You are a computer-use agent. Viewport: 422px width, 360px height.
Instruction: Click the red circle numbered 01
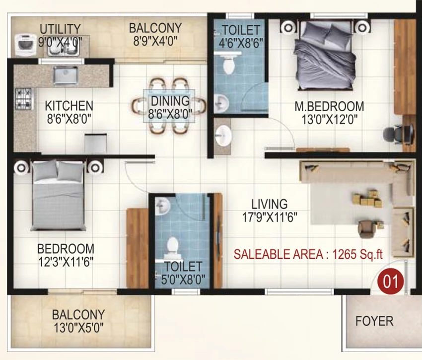coord(391,282)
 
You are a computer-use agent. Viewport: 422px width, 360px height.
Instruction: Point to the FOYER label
coord(374,321)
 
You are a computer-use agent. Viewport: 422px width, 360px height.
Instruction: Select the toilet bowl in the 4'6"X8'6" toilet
coord(229,64)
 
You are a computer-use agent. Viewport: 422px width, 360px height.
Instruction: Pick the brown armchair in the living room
coord(367,229)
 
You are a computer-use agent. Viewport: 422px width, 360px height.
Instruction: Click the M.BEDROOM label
coord(329,106)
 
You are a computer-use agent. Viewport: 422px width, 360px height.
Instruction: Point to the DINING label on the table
coord(170,101)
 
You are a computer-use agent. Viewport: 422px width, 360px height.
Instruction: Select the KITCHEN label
coord(69,106)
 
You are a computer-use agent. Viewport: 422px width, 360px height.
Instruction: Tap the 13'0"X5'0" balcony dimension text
coord(78,328)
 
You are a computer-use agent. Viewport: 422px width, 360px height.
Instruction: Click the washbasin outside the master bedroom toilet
coord(223,136)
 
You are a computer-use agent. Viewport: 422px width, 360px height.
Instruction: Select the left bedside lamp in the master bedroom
coord(288,27)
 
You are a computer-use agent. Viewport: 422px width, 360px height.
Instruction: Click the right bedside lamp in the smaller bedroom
coord(95,167)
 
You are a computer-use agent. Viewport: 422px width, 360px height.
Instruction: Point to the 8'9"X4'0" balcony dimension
coord(155,42)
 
